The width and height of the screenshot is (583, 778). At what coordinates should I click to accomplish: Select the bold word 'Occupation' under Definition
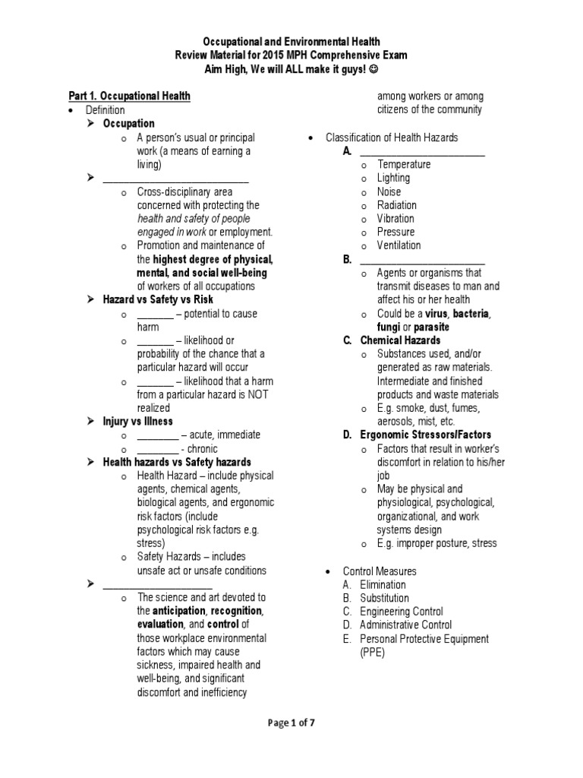[x=128, y=124]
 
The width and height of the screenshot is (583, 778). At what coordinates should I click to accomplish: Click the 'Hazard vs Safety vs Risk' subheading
[x=159, y=300]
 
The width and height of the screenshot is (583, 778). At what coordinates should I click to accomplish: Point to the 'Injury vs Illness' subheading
[x=137, y=421]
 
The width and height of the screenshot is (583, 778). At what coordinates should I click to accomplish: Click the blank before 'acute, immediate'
[x=157, y=435]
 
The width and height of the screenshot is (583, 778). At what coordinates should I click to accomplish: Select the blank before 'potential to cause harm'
[x=155, y=314]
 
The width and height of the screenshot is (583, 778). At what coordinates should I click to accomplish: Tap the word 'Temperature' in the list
[x=404, y=164]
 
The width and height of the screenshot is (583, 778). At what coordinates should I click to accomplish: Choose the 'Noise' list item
[x=389, y=191]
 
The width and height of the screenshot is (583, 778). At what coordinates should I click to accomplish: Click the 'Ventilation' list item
[x=399, y=245]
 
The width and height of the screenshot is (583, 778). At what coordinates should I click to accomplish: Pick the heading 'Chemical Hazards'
[x=400, y=340]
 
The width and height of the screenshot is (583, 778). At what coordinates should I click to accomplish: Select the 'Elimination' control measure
[x=383, y=584]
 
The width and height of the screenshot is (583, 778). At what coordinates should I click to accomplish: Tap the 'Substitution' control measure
[x=384, y=598]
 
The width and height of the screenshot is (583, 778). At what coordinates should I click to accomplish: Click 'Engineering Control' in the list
[x=402, y=612]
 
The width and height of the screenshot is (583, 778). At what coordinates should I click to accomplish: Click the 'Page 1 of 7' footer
[x=291, y=723]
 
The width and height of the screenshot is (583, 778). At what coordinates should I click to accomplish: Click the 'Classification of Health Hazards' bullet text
[x=392, y=138]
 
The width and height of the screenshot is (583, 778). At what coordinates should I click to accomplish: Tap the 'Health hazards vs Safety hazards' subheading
[x=177, y=462]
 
